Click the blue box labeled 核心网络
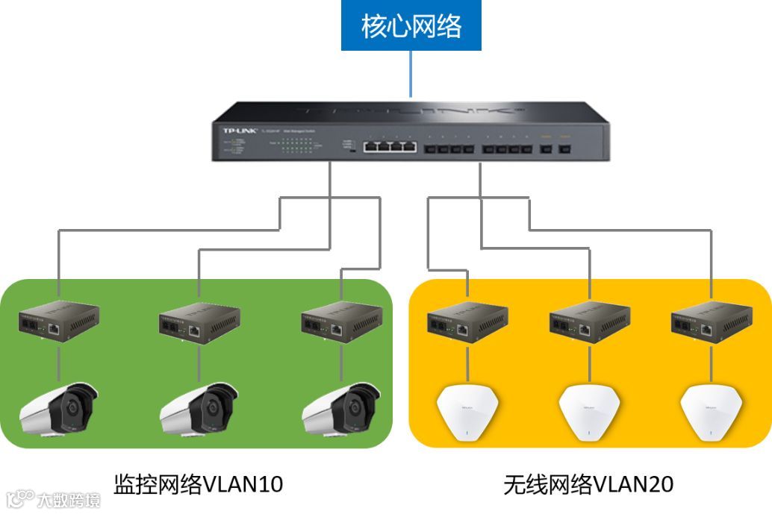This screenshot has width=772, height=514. (x=411, y=26)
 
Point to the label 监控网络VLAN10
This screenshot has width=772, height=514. (x=199, y=484)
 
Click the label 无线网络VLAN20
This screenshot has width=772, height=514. (x=588, y=484)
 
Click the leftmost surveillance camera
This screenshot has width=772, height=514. (x=58, y=409)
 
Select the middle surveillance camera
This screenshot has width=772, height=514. (x=199, y=409)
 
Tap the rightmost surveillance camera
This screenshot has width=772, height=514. (x=340, y=409)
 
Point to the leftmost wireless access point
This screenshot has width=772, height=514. (x=467, y=413)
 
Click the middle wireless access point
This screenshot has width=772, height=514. (x=590, y=413)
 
